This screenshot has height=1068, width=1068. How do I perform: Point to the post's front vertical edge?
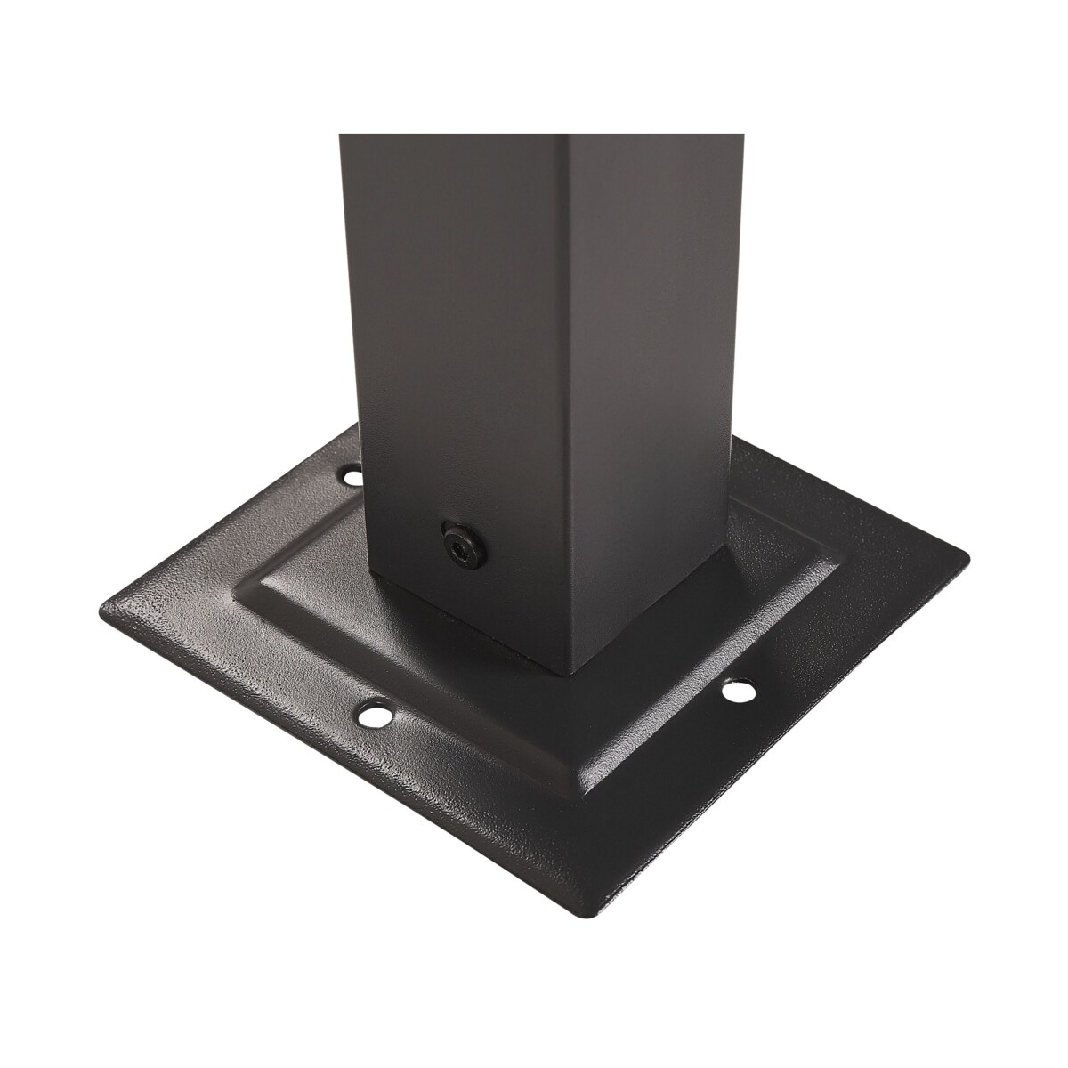[x=568, y=400]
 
